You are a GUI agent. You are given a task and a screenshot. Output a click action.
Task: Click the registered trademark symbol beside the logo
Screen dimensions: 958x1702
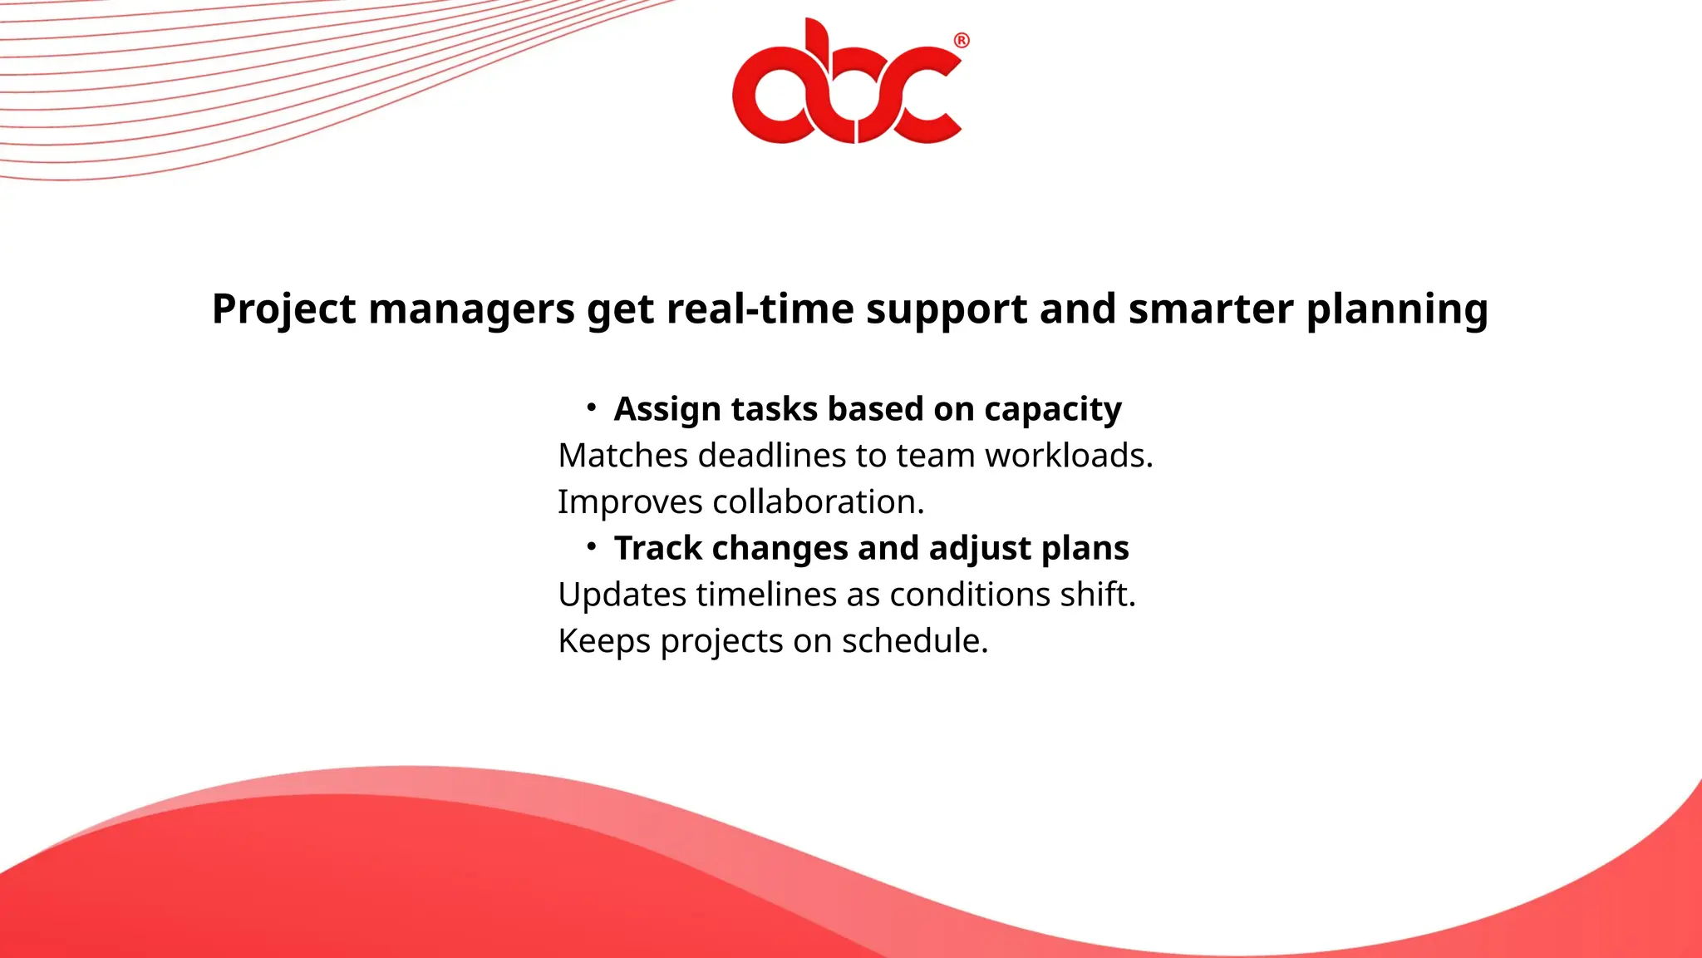pos(962,41)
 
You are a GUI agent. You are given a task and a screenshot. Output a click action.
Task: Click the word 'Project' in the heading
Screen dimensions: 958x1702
pos(284,309)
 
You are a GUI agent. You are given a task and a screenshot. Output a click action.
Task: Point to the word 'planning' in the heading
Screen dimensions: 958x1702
pos(1397,309)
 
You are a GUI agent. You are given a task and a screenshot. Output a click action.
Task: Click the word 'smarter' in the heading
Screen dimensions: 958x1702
pos(1211,309)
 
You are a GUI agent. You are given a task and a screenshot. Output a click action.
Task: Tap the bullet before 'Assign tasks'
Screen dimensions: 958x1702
pos(591,407)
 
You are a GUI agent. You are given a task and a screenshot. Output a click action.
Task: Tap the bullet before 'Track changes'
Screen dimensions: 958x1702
pos(591,546)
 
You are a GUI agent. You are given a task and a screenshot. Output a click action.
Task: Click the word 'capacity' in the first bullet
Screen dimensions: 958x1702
pos(1053,410)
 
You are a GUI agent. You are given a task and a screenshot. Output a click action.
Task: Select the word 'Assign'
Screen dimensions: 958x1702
pos(667,410)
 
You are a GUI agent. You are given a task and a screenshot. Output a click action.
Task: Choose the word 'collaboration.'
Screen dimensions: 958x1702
pos(819,502)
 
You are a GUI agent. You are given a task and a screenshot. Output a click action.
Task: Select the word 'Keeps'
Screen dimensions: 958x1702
pos(604,642)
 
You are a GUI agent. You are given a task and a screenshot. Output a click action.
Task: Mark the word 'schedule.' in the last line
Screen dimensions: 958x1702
pos(915,642)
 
